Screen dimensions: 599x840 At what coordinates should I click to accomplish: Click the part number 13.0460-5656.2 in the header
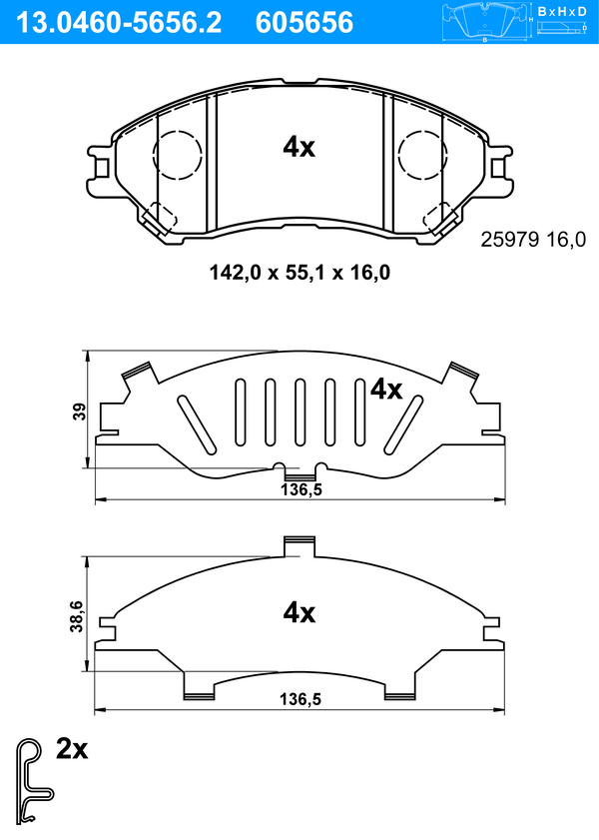pyautogui.click(x=119, y=23)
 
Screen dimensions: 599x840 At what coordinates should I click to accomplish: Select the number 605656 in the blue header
pyautogui.click(x=304, y=23)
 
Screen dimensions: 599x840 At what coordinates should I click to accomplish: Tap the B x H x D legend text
pyautogui.click(x=562, y=11)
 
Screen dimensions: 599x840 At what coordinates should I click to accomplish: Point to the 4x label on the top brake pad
pyautogui.click(x=299, y=147)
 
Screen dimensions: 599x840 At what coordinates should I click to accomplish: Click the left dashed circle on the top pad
pyautogui.click(x=177, y=155)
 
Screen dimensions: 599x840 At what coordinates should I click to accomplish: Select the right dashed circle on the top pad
pyautogui.click(x=423, y=155)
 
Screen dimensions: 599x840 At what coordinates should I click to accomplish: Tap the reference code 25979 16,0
pyautogui.click(x=533, y=240)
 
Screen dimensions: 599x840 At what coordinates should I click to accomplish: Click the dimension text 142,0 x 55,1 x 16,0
pyautogui.click(x=299, y=274)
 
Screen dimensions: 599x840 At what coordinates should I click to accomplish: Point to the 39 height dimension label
pyautogui.click(x=79, y=412)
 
